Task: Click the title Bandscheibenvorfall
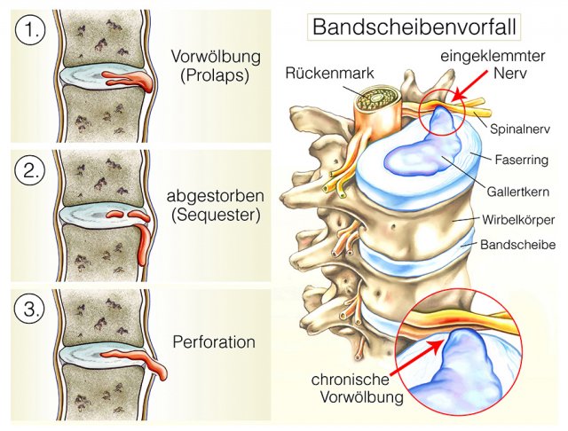point(414,27)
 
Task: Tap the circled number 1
point(30,30)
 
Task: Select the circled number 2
point(30,171)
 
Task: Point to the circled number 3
point(30,310)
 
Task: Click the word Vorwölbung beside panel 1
point(216,57)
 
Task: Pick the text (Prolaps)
point(215,75)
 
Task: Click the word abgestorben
point(215,196)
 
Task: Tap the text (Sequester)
point(216,215)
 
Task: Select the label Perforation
point(214,342)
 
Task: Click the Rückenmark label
point(329,73)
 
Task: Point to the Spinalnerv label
point(520,129)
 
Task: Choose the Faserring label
point(522,160)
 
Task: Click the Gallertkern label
point(518,192)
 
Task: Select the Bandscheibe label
point(518,245)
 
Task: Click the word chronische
point(350,380)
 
